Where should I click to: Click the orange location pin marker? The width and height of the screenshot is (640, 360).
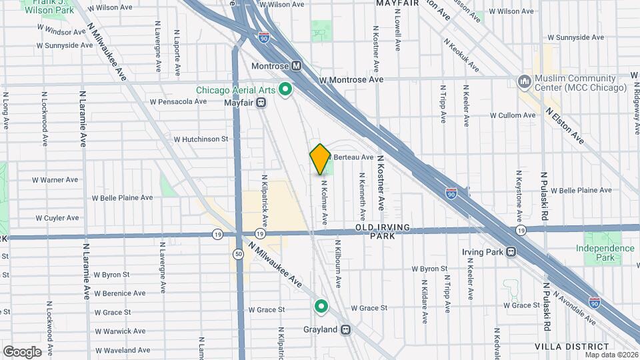(x=320, y=159)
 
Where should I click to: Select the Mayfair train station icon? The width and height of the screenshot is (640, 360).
(x=262, y=103)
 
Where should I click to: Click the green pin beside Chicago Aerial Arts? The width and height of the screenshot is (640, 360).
(x=286, y=89)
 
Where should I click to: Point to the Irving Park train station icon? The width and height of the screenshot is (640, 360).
(x=511, y=252)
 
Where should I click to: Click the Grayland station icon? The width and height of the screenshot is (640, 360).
(x=345, y=329)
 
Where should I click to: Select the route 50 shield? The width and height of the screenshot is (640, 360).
(x=238, y=254)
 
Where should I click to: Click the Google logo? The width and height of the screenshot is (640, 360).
(x=22, y=351)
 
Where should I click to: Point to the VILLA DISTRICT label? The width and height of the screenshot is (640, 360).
(x=572, y=347)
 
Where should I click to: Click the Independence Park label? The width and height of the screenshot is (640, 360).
(x=605, y=253)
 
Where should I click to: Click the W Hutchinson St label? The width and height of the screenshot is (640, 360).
(x=201, y=139)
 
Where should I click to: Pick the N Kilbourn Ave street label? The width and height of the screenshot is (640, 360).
(x=338, y=264)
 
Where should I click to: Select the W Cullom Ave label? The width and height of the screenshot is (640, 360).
(x=513, y=115)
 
